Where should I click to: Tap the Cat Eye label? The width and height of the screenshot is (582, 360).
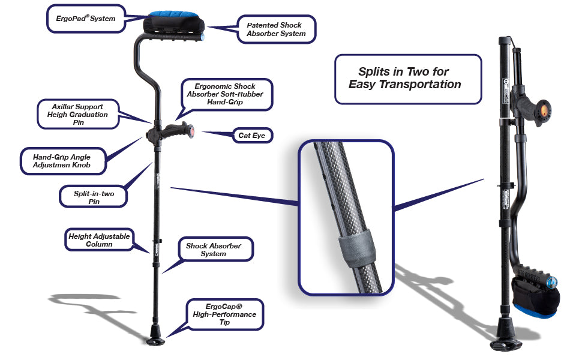(x=253, y=136)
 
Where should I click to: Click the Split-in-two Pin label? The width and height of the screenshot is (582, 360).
(x=93, y=197)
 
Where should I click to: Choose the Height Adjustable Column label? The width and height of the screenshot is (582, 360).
(x=98, y=241)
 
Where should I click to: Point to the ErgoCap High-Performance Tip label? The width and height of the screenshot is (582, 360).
(x=224, y=314)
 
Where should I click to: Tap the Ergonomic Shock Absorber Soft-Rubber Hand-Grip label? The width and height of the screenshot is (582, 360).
(x=221, y=94)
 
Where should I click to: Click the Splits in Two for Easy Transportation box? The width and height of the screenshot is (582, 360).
(x=407, y=79)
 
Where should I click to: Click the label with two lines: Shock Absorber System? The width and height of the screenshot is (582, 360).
(x=214, y=250)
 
